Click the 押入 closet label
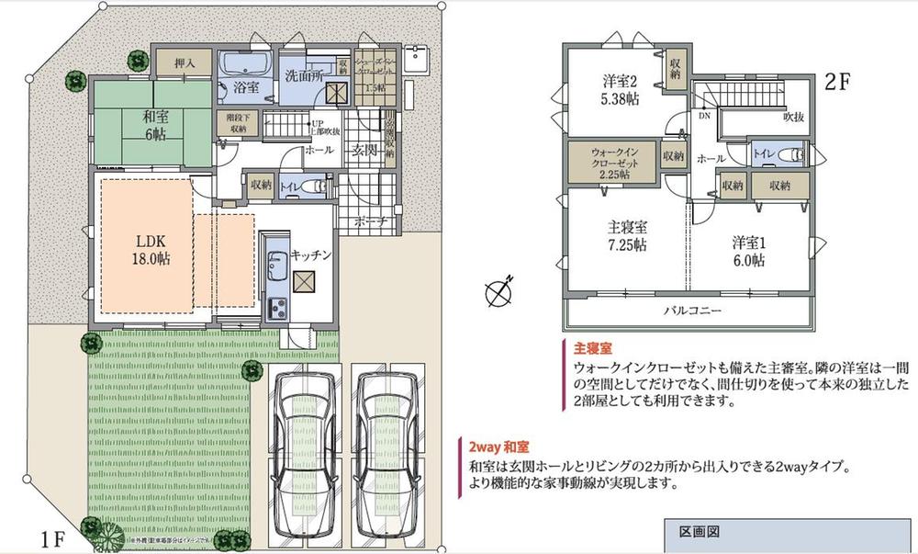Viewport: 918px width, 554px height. [x=185, y=63]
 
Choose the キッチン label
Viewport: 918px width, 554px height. [x=309, y=253]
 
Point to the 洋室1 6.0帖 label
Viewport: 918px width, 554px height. [x=748, y=251]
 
